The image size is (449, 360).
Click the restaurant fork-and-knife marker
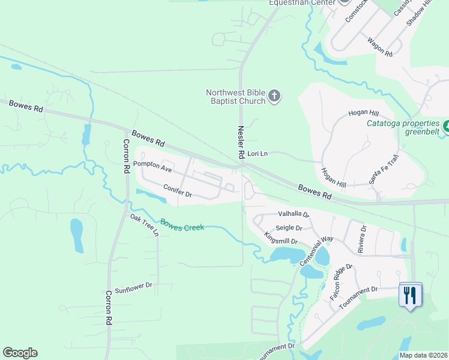(x=411, y=295)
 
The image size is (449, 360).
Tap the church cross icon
(x=274, y=96)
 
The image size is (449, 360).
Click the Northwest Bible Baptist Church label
(x=235, y=97)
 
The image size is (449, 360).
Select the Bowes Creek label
(x=182, y=224)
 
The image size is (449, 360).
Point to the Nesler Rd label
(x=240, y=142)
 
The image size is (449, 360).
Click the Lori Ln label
(x=257, y=154)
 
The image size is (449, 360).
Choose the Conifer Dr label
(x=178, y=190)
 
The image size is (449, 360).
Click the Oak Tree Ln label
(x=145, y=224)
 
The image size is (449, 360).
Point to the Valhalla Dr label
(x=293, y=214)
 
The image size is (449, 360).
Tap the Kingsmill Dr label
(x=282, y=241)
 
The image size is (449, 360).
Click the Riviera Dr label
(x=362, y=239)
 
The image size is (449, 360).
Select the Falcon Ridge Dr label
(x=341, y=283)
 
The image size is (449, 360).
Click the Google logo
(x=20, y=353)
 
